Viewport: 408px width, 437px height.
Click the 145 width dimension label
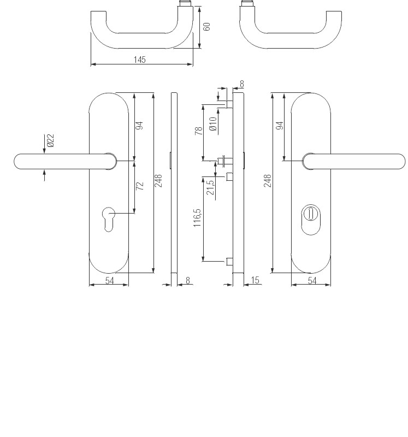click(x=140, y=60)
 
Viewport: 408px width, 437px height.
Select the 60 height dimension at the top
click(x=206, y=27)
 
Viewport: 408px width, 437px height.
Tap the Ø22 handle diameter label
click(x=50, y=141)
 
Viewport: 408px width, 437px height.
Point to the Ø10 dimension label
click(x=213, y=123)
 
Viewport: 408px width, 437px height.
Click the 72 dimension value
click(x=140, y=186)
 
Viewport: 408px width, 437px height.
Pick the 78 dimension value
click(x=199, y=130)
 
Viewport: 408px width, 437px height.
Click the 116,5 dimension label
click(x=197, y=217)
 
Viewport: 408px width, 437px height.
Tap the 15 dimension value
click(x=255, y=280)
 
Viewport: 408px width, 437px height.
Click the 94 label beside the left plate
click(x=139, y=125)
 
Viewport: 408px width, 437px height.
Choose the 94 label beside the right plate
click(x=280, y=125)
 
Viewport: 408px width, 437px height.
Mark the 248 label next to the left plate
click(x=158, y=181)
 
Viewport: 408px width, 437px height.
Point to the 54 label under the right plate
click(x=312, y=280)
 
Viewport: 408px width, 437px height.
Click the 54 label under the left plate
click(x=109, y=280)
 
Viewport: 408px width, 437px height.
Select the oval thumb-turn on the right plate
click(x=311, y=220)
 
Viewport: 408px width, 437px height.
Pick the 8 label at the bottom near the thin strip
click(x=188, y=280)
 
